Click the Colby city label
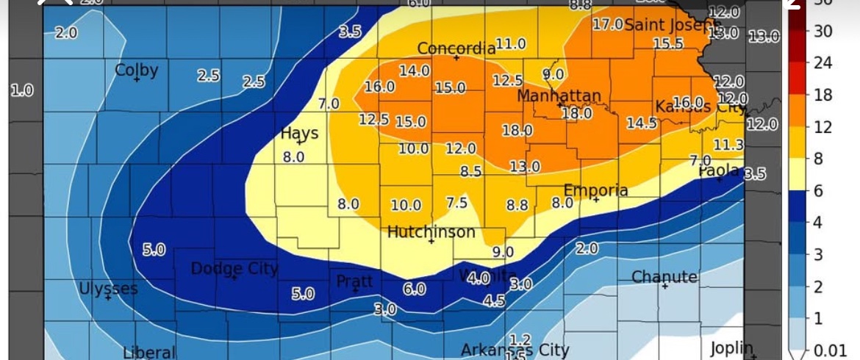tap(136, 71)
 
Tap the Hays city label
tap(300, 134)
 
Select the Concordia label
tap(456, 48)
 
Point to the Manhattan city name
tap(559, 96)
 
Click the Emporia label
tap(595, 190)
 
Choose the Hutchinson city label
tap(431, 232)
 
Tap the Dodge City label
tap(234, 269)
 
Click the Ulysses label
tap(108, 289)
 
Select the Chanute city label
tap(664, 277)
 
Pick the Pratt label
tap(355, 281)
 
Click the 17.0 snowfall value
tap(607, 24)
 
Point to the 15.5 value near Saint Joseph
tap(667, 44)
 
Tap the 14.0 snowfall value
tap(415, 71)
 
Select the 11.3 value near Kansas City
tap(728, 145)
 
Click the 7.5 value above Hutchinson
tap(456, 203)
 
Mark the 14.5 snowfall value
tap(642, 123)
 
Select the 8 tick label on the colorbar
tap(818, 159)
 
